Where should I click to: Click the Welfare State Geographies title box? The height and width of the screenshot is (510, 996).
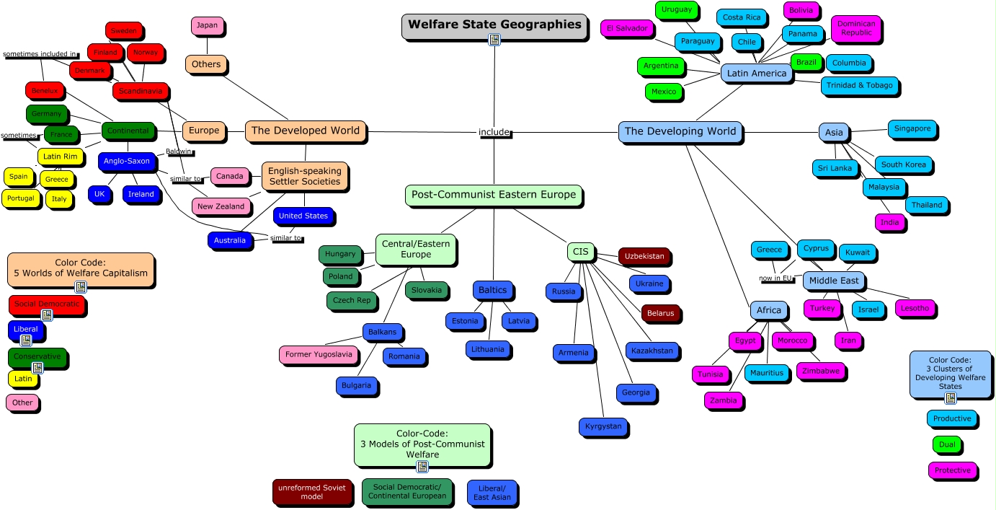494,25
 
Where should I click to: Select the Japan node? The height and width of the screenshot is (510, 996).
207,26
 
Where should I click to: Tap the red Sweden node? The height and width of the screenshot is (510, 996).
123,31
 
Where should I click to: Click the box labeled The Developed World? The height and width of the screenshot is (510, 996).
305,131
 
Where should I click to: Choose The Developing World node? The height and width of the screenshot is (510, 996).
680,131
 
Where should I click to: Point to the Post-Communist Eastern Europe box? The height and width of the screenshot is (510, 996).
493,195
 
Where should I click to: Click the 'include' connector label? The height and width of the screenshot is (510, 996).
494,133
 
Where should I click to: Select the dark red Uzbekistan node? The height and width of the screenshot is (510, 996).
644,257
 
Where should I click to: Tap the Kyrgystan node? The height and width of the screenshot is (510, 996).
603,426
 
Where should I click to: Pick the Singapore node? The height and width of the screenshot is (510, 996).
912,129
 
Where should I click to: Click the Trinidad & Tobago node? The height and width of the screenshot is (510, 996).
860,86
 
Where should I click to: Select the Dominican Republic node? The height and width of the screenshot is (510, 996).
855,28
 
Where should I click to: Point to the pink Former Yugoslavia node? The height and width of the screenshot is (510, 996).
319,355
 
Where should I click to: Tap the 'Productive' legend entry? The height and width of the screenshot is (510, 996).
951,419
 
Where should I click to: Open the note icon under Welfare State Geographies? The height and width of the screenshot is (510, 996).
494,40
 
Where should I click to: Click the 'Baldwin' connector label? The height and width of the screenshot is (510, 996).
179,152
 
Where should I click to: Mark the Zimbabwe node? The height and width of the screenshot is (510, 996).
821,371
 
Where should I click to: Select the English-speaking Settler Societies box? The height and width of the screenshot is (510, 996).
304,177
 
